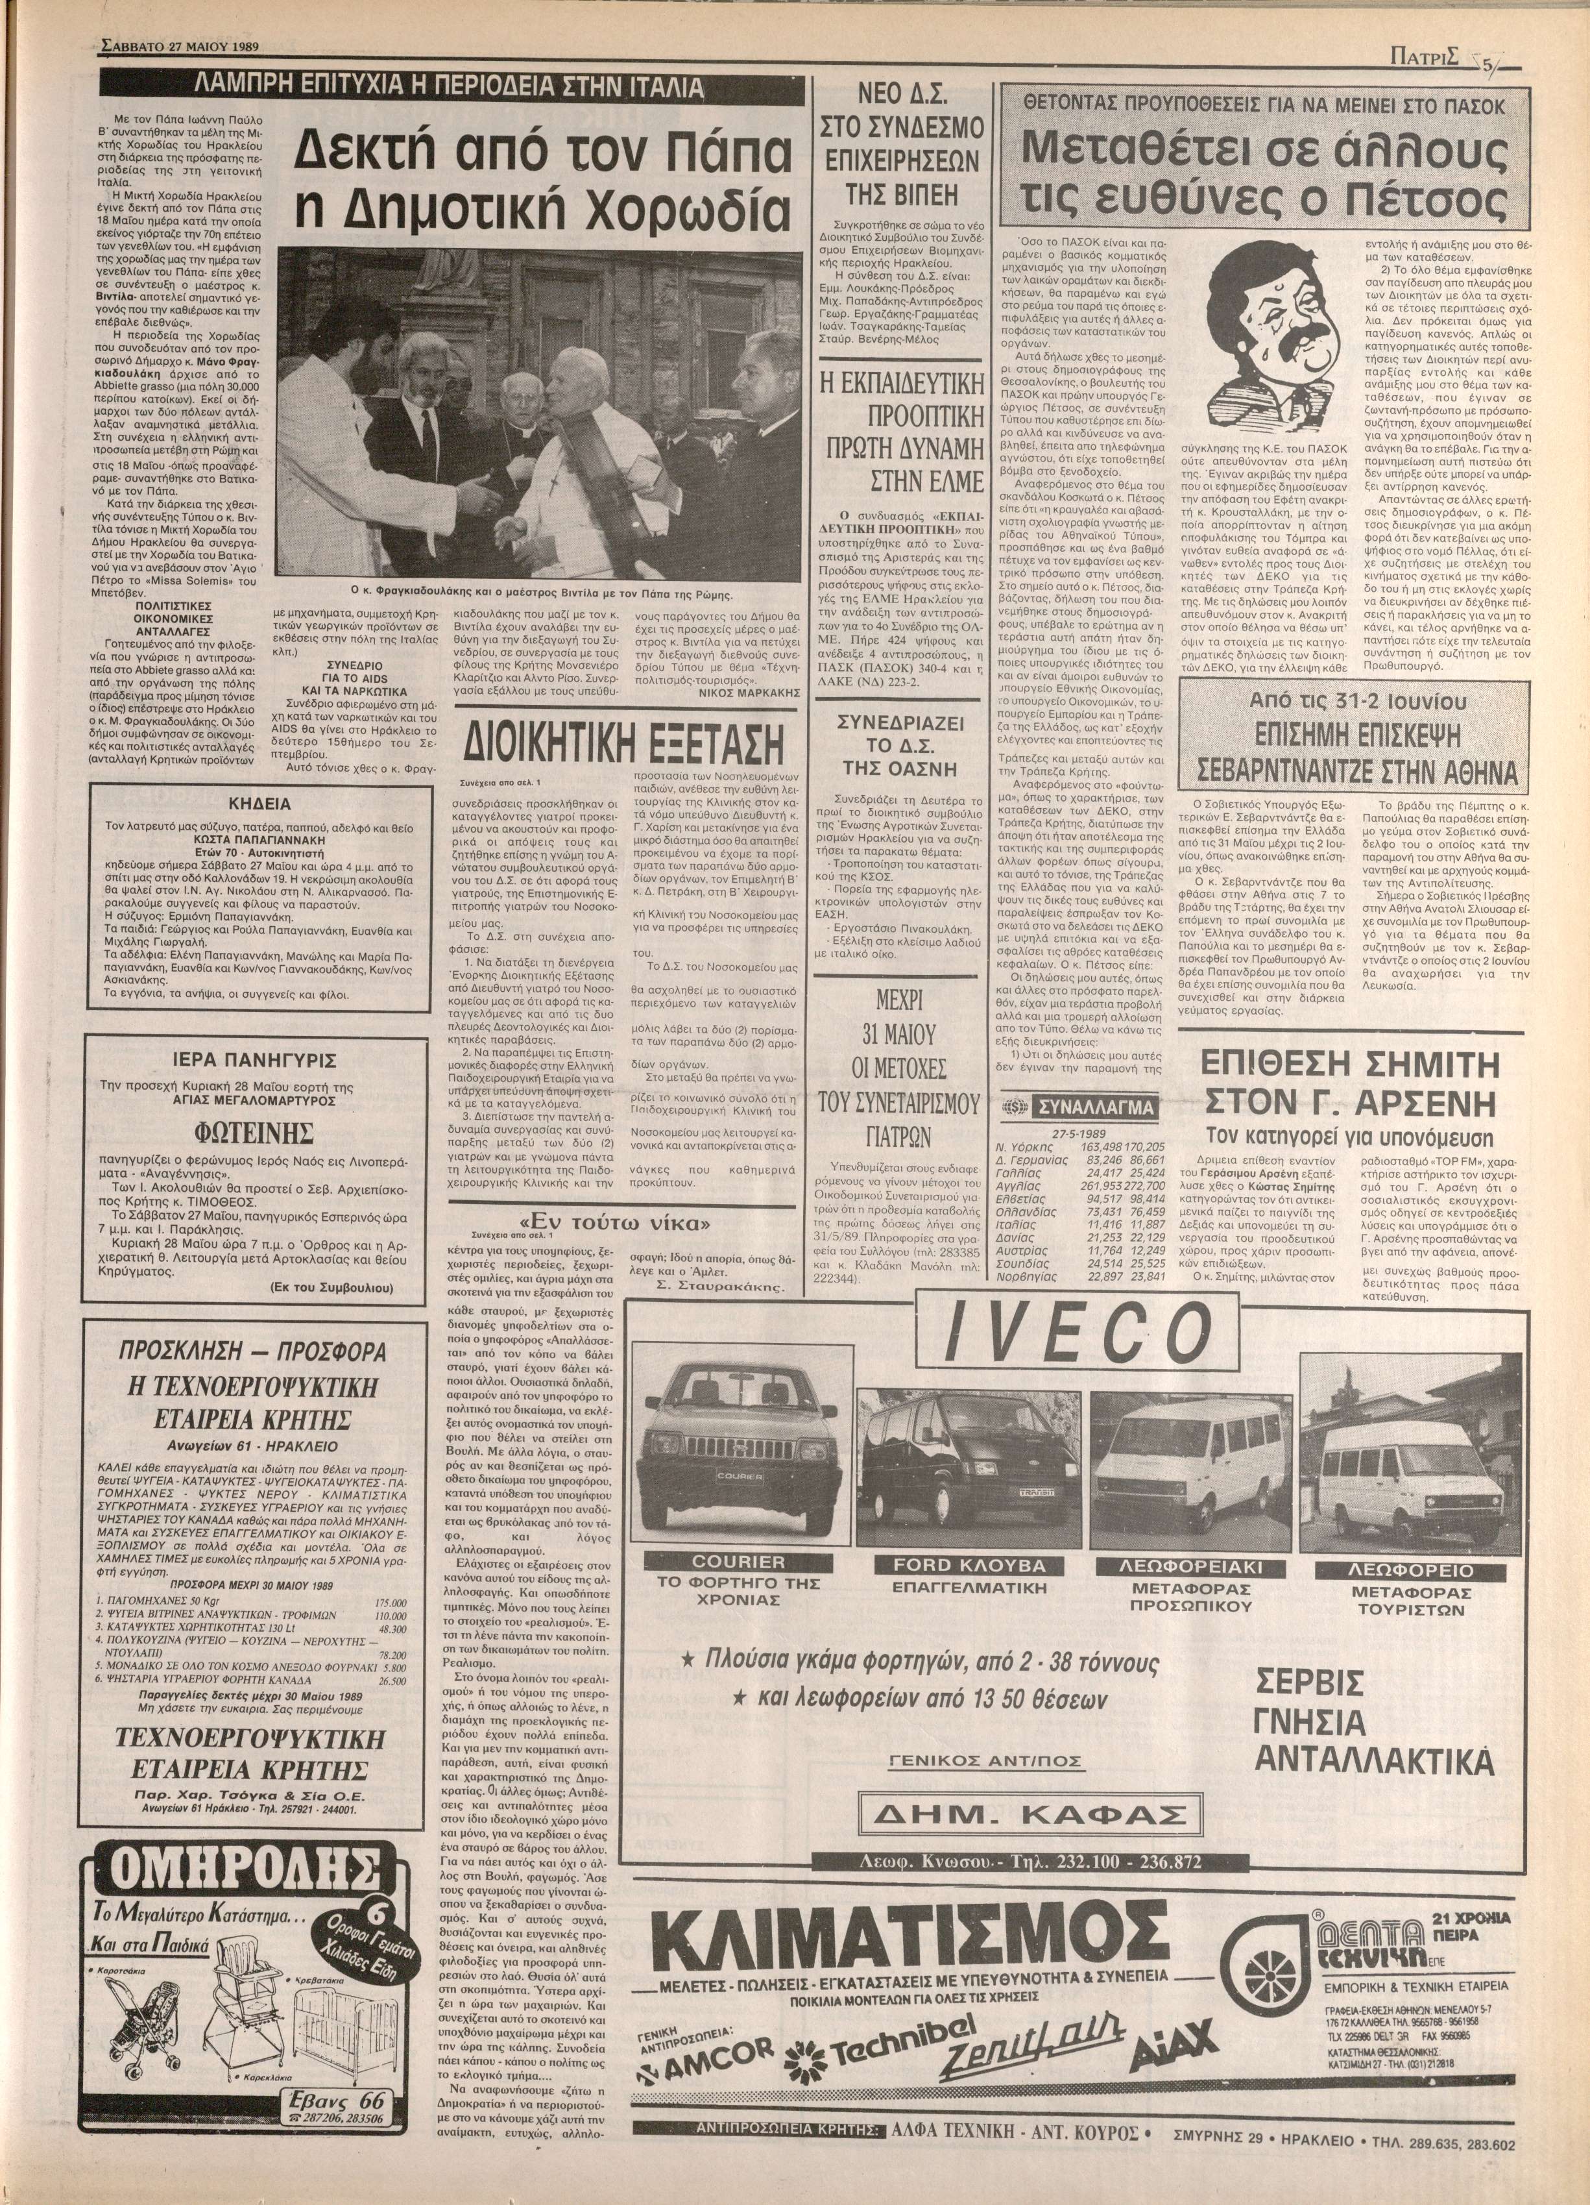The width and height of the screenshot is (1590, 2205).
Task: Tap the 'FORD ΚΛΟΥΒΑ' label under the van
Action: click(x=972, y=1564)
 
